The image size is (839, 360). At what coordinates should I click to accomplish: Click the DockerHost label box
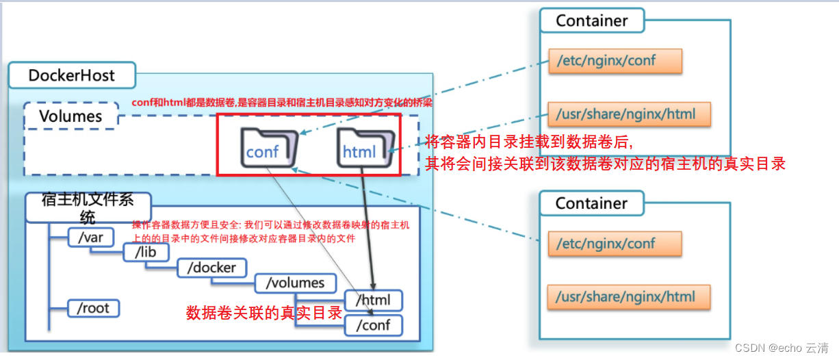point(72,75)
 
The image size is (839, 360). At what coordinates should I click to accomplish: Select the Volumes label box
point(70,116)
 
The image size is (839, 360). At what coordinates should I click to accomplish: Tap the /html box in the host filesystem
point(374,300)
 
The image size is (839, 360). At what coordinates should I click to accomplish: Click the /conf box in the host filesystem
point(374,325)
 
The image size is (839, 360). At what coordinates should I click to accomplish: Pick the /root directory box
point(94,308)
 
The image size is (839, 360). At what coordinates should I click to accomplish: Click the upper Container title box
point(592,21)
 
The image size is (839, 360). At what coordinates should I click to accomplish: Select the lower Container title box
point(591,203)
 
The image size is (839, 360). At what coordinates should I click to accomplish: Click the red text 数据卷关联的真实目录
point(264,313)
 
